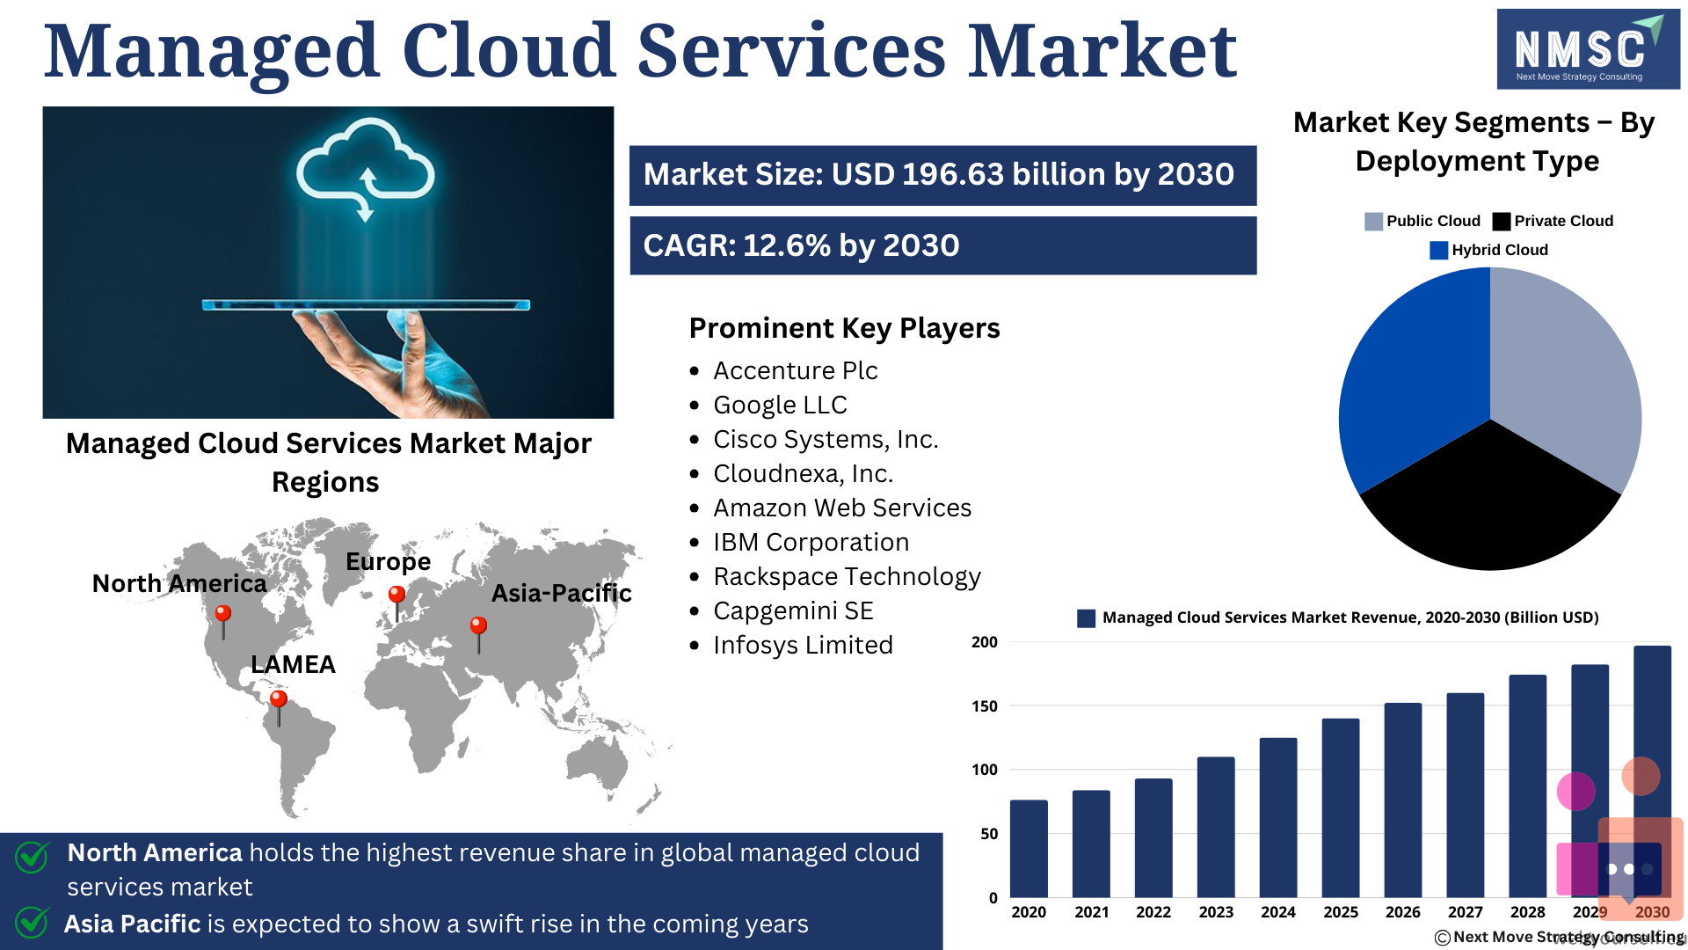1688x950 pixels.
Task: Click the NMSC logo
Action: (x=1588, y=49)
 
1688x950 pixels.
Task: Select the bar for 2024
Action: (x=1277, y=817)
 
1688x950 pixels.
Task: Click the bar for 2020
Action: (x=1029, y=848)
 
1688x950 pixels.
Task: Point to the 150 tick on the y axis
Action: (x=985, y=706)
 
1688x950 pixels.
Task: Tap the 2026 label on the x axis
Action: (x=1402, y=912)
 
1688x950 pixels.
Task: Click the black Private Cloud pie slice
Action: (x=1489, y=506)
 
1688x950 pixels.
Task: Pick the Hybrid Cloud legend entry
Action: (x=1489, y=250)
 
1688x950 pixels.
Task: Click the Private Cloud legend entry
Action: (x=1553, y=221)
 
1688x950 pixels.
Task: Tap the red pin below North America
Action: (x=223, y=621)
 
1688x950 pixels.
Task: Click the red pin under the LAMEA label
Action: (x=279, y=708)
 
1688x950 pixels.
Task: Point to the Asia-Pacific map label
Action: (x=561, y=594)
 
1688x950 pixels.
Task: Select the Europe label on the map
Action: (x=388, y=562)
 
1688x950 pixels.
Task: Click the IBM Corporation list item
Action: (x=811, y=543)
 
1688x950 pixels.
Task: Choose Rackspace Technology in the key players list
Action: (x=847, y=577)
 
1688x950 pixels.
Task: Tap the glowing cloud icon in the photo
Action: (x=365, y=167)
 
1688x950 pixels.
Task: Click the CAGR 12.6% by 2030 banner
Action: (x=942, y=245)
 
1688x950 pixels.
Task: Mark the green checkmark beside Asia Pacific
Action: (x=32, y=922)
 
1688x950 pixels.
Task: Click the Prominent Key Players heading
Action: (x=844, y=328)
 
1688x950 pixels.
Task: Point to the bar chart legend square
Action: (x=1086, y=618)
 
